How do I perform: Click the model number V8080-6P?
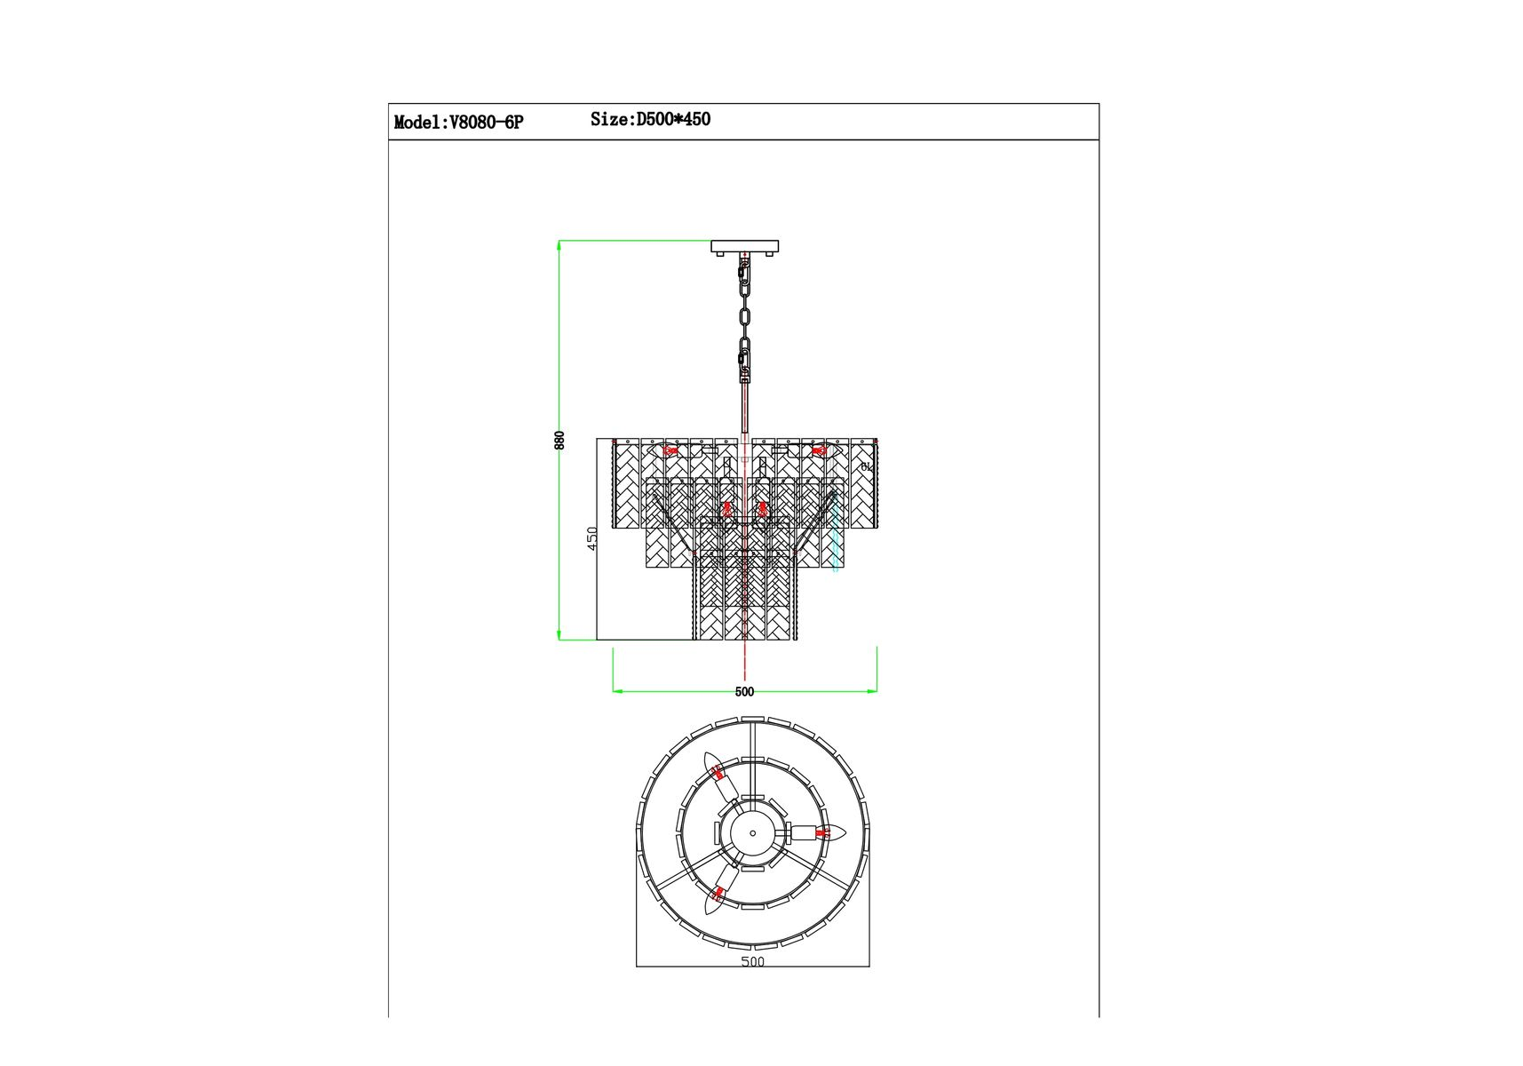tap(487, 123)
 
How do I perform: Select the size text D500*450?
tap(673, 119)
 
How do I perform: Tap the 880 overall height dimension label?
tap(559, 440)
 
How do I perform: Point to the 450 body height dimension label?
tap(593, 538)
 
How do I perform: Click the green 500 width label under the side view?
tap(744, 692)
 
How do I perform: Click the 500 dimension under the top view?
tap(752, 960)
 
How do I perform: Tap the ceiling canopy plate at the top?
tap(745, 246)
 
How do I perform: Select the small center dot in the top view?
tap(753, 833)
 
